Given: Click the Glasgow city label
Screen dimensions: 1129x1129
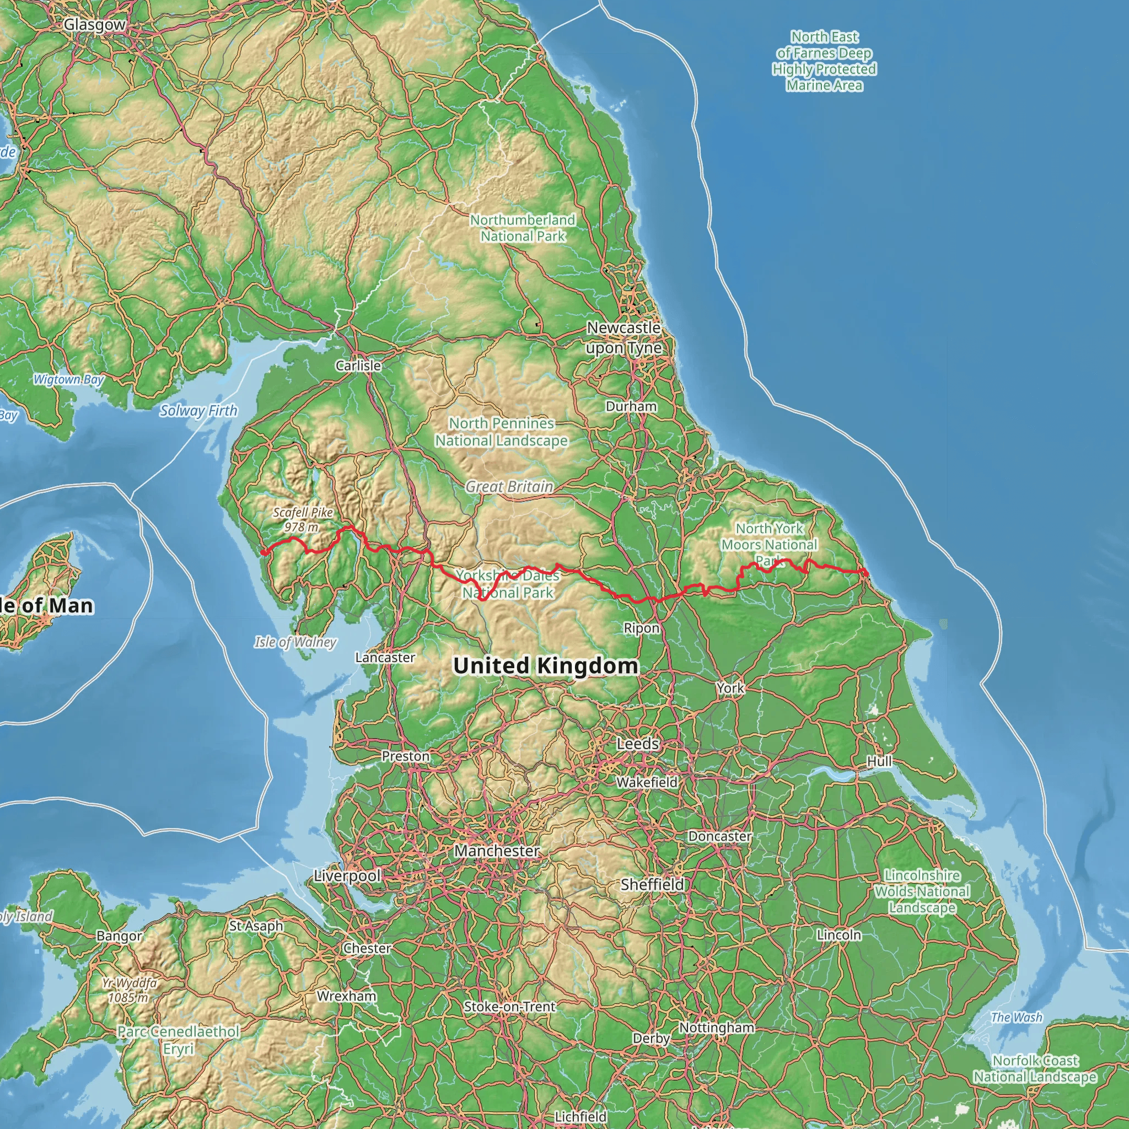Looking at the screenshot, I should point(94,25).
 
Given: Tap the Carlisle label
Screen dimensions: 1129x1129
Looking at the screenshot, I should point(358,366).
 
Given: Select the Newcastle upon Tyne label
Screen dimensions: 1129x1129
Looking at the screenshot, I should point(623,338).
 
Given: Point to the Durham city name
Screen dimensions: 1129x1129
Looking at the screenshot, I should point(631,406).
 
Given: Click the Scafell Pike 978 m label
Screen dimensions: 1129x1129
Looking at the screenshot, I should point(302,519).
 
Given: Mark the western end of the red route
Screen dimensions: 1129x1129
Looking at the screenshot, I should point(264,552).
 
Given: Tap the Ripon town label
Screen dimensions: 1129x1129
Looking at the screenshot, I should point(641,628).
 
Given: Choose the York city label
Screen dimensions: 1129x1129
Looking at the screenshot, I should point(730,688).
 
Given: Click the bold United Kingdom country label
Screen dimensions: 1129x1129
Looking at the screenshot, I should point(545,665).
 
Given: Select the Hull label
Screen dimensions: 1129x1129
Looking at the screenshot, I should point(879,761).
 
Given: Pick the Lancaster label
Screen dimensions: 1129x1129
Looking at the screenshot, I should point(385,658).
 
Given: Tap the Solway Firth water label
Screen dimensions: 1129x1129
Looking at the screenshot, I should point(198,411).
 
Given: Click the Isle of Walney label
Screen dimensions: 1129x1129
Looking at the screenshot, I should point(295,642).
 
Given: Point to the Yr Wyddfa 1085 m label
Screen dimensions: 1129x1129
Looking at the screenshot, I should point(128,990).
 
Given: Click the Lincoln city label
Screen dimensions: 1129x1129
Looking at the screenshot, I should point(838,935).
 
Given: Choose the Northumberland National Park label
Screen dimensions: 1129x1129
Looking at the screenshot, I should point(523,228).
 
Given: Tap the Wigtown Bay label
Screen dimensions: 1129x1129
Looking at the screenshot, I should point(68,379).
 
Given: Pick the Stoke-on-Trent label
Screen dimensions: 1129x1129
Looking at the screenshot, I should point(509,1007).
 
